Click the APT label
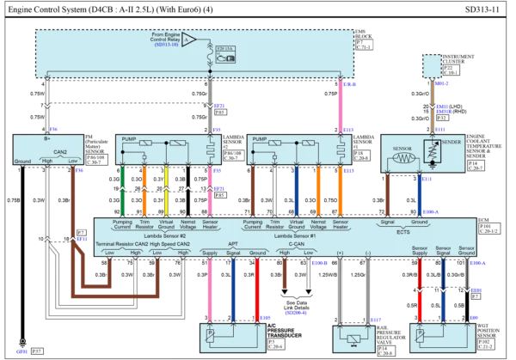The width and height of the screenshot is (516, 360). pyautogui.click(x=232, y=243)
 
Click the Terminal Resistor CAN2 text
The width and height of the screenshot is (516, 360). pyautogui.click(x=129, y=243)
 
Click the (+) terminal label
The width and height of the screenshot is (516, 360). pyautogui.click(x=340, y=252)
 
